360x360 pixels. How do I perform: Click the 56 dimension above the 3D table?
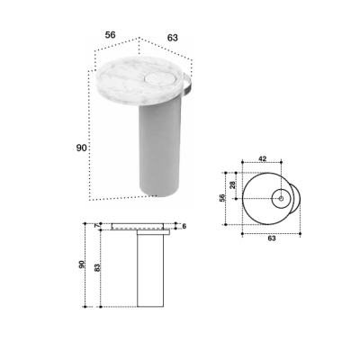pos(110,35)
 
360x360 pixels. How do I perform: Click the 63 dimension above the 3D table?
pos(173,38)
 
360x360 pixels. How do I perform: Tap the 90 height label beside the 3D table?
pos(81,148)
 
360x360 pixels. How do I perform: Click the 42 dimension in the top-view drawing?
pos(263,159)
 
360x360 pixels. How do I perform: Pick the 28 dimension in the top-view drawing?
pos(232,184)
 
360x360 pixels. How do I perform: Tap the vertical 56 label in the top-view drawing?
pos(222,198)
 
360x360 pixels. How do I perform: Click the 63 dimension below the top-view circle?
pos(272,238)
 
